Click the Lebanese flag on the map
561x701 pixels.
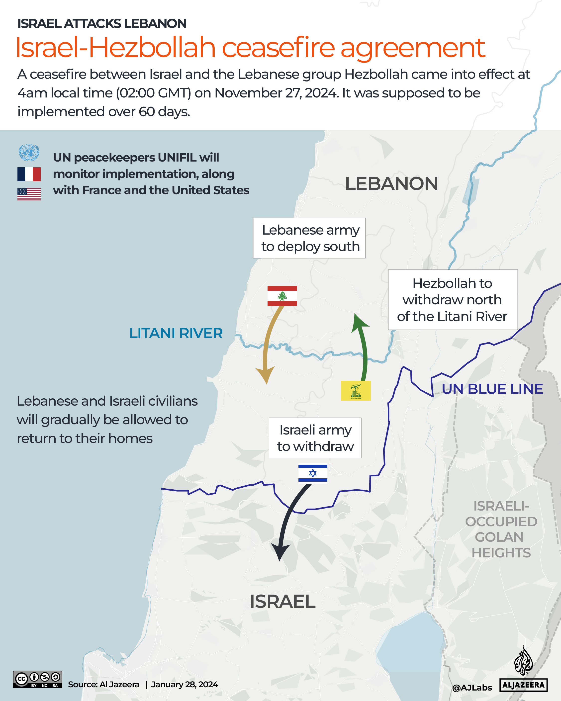[x=282, y=296]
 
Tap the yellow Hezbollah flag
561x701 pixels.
[x=356, y=390]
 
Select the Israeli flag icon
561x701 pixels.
[x=312, y=473]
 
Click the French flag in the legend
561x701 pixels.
[x=29, y=174]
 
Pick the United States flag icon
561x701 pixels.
[x=29, y=194]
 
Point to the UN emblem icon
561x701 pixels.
[x=29, y=152]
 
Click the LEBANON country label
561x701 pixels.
[x=391, y=184]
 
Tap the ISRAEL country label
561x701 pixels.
[x=282, y=601]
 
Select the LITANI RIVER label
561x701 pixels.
[x=176, y=333]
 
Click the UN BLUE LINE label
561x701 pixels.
[x=492, y=389]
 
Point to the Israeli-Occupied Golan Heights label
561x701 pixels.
[x=501, y=529]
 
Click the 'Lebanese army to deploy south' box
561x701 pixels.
[x=309, y=238]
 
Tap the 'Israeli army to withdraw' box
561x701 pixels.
[x=315, y=438]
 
